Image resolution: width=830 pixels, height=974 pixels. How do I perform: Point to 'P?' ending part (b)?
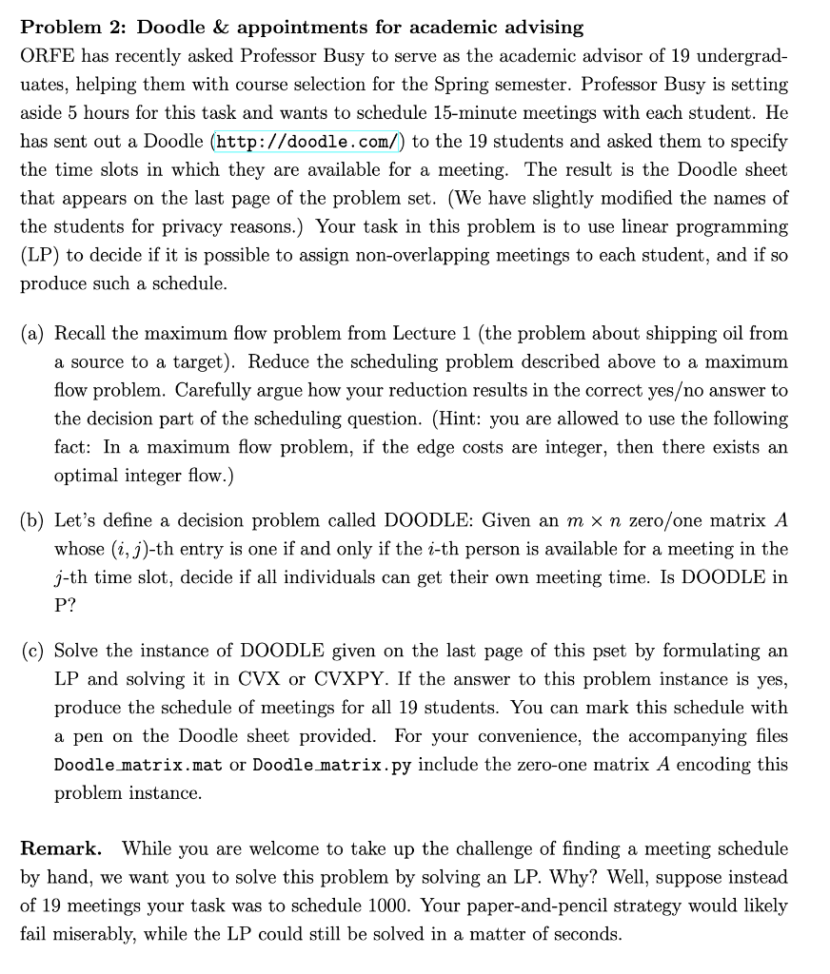[x=66, y=607]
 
